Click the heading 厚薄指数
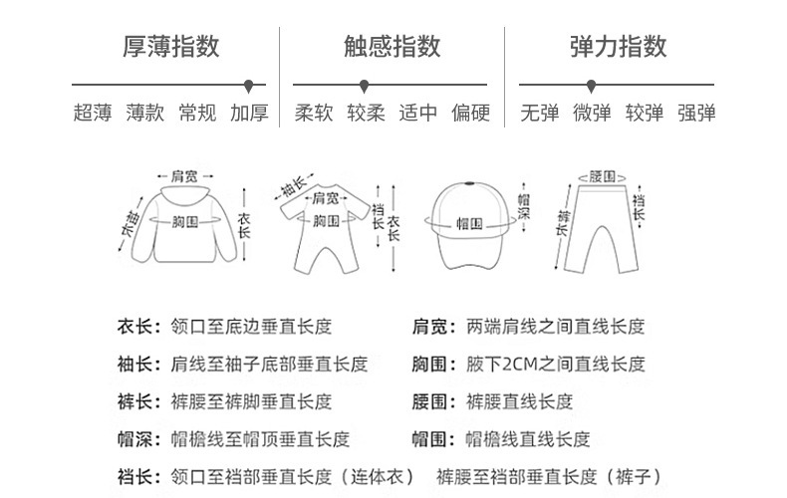tap(170, 46)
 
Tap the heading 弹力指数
tap(618, 46)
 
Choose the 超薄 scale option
tap(93, 113)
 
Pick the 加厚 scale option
tap(249, 113)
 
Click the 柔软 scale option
tap(314, 113)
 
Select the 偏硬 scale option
tap(470, 113)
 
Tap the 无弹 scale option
tap(540, 113)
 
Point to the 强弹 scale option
tap(696, 113)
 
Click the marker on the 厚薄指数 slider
tap(249, 86)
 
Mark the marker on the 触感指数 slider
tap(365, 86)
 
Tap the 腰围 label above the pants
tap(603, 175)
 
